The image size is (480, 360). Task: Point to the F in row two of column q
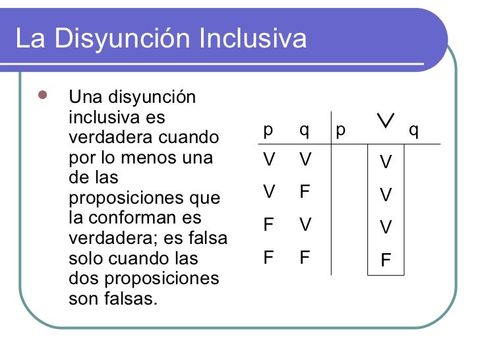[x=304, y=192]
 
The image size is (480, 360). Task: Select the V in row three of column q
[x=304, y=225]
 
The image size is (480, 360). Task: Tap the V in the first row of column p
[x=268, y=160]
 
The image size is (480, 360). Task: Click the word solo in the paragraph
[x=84, y=258]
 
